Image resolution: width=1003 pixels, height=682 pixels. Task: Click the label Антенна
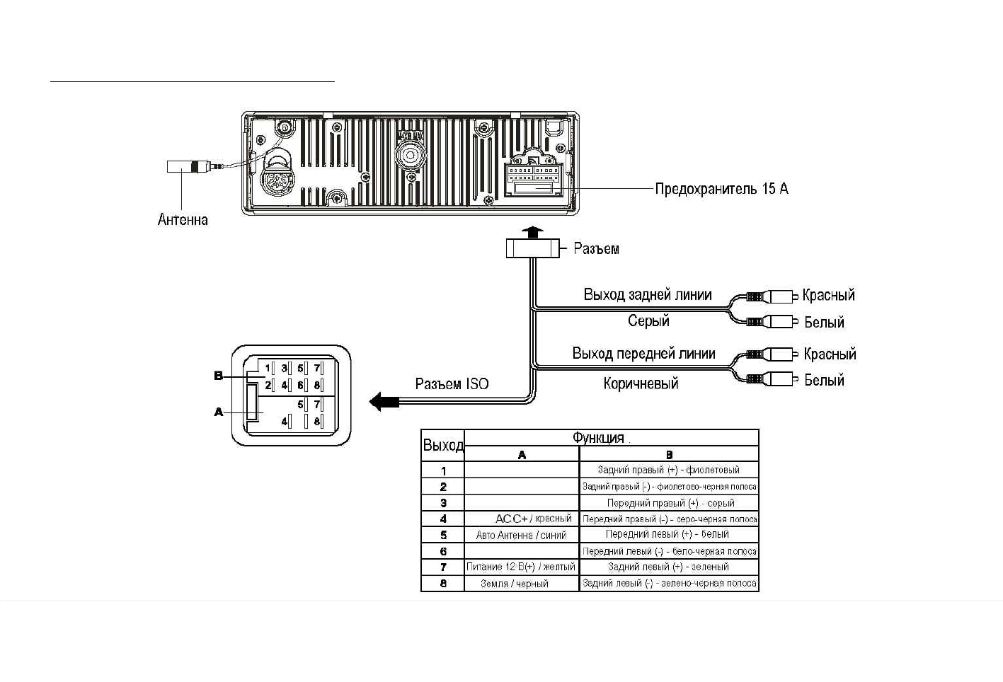tap(183, 219)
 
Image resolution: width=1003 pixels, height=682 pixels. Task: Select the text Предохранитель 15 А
tap(721, 189)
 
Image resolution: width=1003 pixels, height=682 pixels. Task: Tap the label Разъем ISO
tap(452, 384)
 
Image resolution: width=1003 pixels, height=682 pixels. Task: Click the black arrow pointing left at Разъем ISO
tap(384, 402)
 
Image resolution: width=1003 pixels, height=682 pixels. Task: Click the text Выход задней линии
tap(647, 295)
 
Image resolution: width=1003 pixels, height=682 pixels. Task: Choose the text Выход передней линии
tap(643, 354)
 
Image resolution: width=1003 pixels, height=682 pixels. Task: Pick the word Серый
tap(648, 321)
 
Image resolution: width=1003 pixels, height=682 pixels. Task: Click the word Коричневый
tap(641, 383)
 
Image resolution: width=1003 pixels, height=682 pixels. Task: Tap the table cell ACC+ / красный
tap(533, 519)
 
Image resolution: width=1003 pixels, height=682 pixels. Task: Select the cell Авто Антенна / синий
tap(521, 536)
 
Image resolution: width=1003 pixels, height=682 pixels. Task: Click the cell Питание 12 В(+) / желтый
tap(521, 567)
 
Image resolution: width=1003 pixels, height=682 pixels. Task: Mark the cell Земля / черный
tap(515, 584)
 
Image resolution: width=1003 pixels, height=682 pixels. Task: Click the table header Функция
tap(598, 438)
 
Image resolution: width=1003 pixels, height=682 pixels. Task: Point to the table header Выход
tap(443, 446)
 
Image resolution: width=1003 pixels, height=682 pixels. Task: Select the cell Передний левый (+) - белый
tap(667, 534)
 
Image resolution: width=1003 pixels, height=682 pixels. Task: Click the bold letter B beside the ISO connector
tap(219, 376)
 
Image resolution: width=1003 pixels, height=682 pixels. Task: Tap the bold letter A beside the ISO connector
tap(219, 412)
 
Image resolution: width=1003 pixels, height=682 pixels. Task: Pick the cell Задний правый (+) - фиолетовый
tap(668, 470)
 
